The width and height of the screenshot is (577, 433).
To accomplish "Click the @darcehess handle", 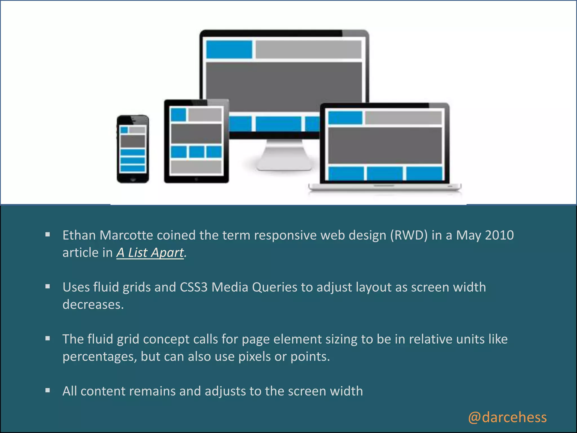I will tap(507, 417).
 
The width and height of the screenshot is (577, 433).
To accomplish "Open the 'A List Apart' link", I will tap(150, 253).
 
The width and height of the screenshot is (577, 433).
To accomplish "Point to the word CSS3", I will tap(194, 287).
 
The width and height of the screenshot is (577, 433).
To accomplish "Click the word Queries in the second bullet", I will tap(274, 287).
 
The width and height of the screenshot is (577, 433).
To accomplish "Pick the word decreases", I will tap(93, 305).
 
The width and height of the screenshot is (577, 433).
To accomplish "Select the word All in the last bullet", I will tap(70, 391).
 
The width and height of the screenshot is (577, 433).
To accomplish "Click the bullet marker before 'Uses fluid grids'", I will tap(48, 287).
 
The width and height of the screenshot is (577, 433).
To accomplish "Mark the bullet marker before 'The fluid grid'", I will tap(48, 339).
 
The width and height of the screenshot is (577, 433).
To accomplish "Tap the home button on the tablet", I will tap(196, 179).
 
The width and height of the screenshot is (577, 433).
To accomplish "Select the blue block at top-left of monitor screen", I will tap(229, 50).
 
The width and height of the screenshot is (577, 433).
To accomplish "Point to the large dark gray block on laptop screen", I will tap(385, 145).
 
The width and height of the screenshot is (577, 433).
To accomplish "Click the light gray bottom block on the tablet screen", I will tap(196, 167).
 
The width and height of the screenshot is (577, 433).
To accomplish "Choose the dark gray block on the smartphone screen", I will tap(133, 141).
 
